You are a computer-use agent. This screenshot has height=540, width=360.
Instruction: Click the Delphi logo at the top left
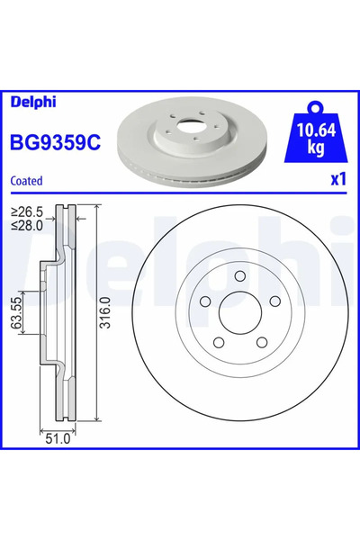pyautogui.click(x=30, y=101)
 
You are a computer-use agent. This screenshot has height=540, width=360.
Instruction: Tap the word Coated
pyautogui.click(x=27, y=181)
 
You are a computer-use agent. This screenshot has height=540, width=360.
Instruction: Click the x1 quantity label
pyautogui.click(x=337, y=179)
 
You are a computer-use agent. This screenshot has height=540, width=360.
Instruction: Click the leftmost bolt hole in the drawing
pyautogui.click(x=205, y=303)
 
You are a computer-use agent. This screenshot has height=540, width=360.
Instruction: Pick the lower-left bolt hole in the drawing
pyautogui.click(x=220, y=343)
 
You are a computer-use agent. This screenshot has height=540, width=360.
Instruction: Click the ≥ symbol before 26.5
pyautogui.click(x=15, y=212)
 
